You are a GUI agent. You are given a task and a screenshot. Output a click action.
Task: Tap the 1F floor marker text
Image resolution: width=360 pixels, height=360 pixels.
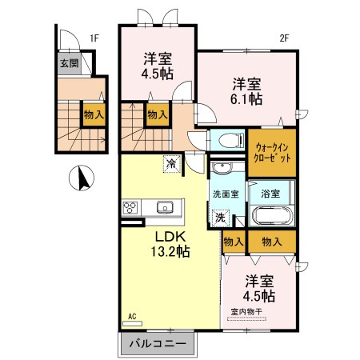[x=94, y=37]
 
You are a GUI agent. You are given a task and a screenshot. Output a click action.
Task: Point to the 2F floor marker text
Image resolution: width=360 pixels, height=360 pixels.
[x=284, y=37]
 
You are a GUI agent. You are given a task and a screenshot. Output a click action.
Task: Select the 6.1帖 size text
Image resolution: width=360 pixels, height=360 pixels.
[x=248, y=99]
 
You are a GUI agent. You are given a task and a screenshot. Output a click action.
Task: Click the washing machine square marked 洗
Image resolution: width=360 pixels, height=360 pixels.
[x=220, y=217]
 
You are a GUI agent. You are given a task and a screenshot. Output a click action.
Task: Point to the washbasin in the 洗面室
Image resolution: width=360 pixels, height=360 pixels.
[x=222, y=170]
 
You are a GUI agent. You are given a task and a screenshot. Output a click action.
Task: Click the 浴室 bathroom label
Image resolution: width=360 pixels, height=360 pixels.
[x=270, y=194]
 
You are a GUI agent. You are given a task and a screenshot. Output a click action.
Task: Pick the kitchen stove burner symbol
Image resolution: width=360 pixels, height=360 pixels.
[x=130, y=207]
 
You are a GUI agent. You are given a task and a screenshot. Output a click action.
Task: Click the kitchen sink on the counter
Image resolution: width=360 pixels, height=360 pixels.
[x=166, y=207]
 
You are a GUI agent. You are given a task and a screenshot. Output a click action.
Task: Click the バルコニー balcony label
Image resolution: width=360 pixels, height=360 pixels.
[x=158, y=344]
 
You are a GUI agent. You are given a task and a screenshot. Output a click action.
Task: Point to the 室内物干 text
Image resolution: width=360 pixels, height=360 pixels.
[x=249, y=312]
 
